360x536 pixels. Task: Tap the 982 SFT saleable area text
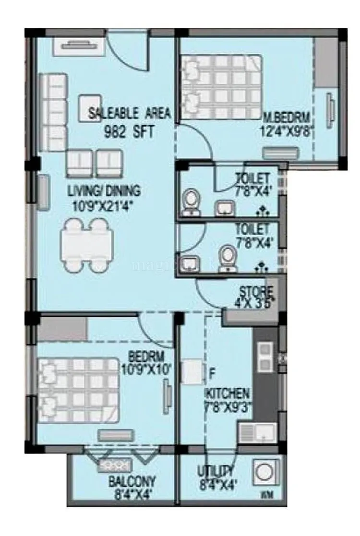coord(129,132)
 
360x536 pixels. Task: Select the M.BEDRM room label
coord(287,117)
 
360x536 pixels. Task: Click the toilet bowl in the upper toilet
coord(192,201)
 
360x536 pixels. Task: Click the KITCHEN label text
coord(228,394)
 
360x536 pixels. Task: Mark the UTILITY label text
coord(216,471)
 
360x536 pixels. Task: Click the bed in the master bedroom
coord(222,86)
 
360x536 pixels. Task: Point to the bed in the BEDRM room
coord(78,390)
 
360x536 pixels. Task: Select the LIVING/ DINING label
coord(104,191)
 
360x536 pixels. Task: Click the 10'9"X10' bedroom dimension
coord(147,369)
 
